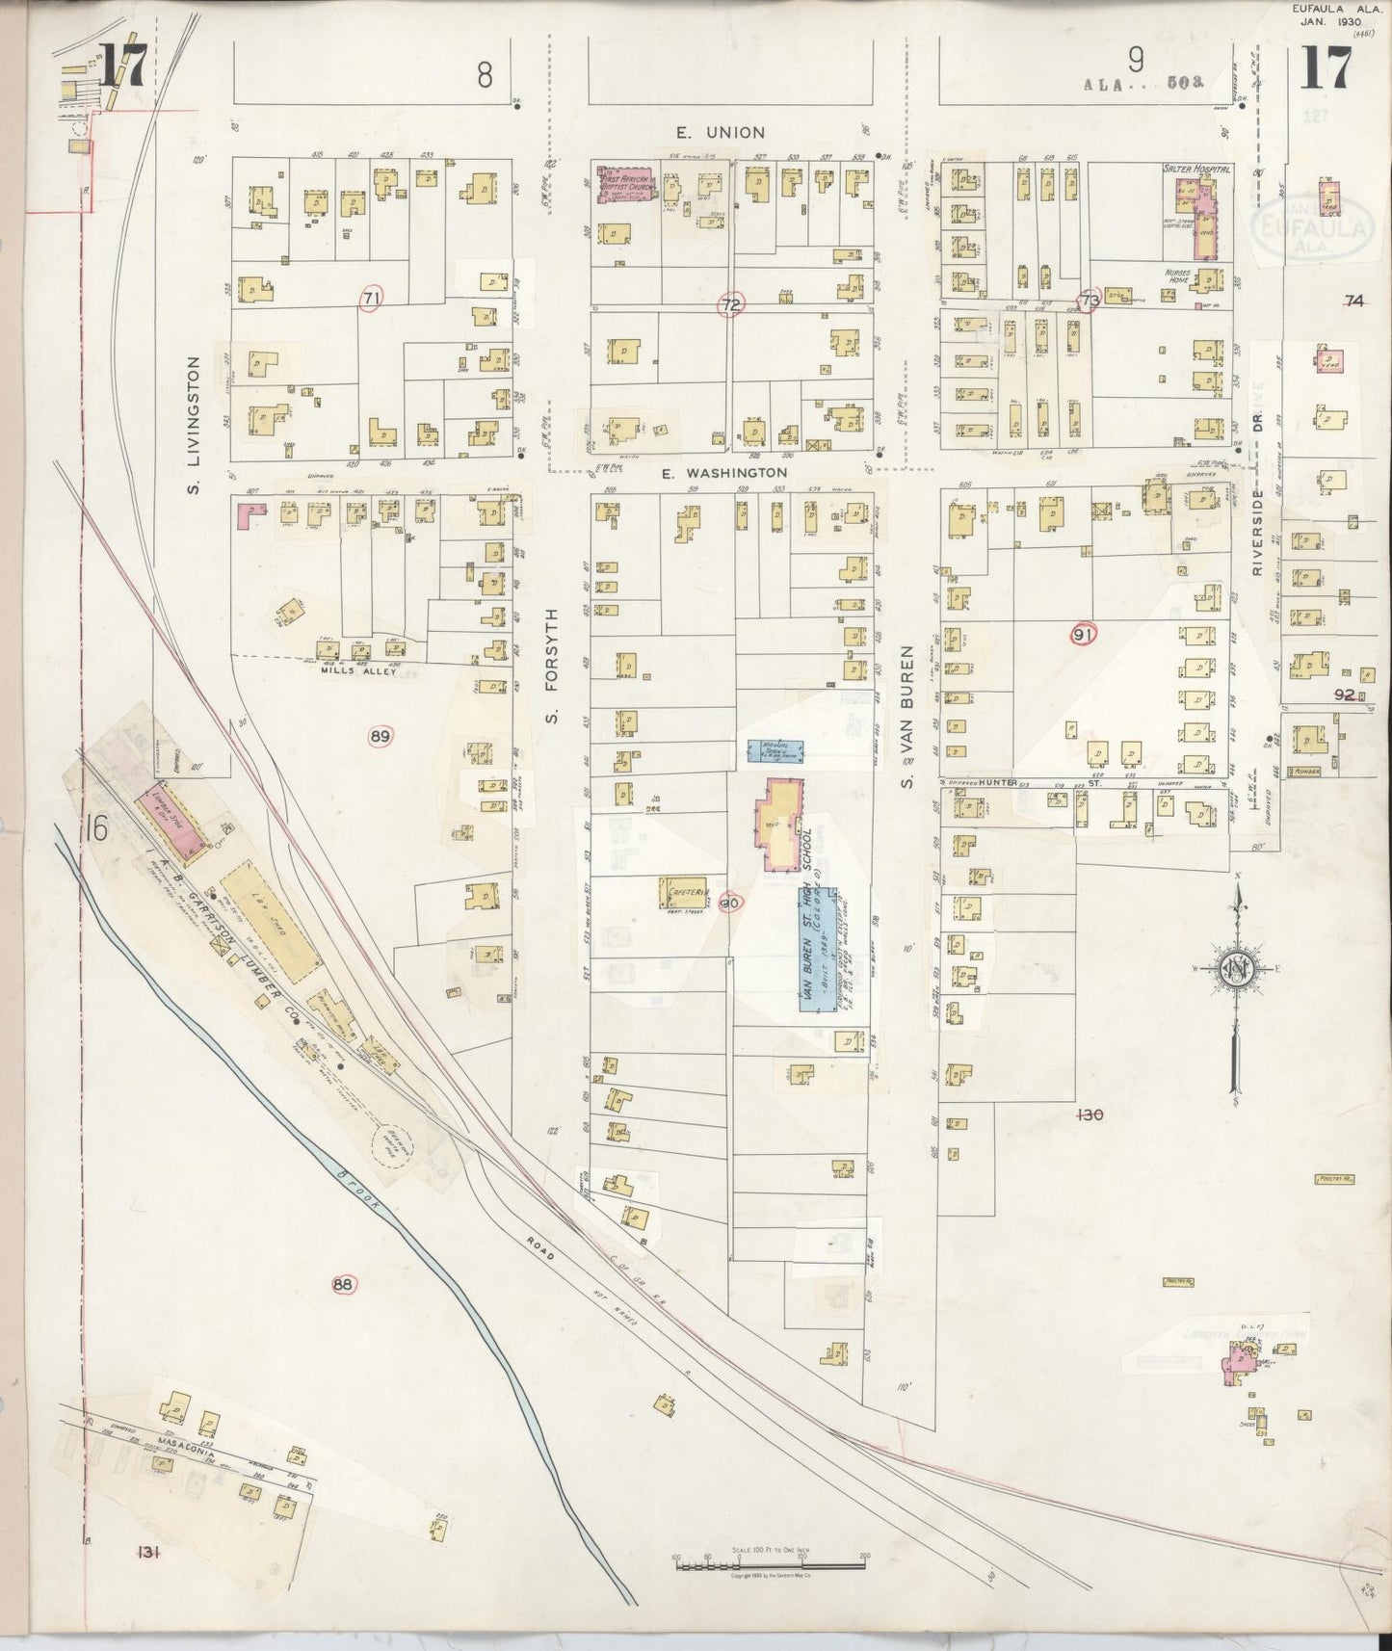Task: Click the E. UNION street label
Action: (719, 132)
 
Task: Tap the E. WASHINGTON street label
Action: (723, 473)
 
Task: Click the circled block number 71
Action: (370, 299)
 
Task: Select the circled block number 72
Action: (731, 306)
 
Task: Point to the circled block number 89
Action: (381, 737)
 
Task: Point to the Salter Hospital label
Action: (1196, 170)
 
